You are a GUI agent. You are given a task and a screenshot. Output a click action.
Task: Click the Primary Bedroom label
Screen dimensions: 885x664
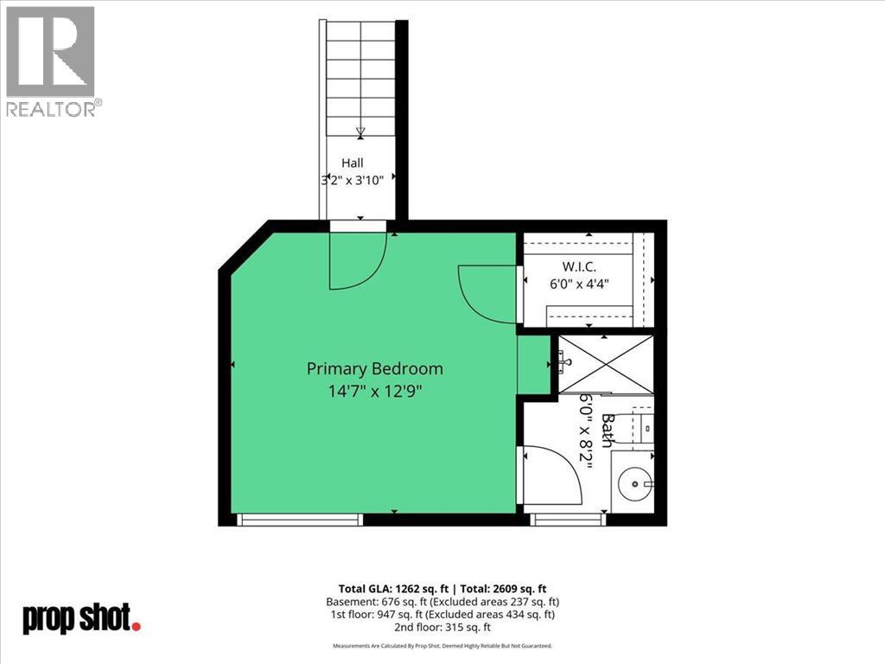[x=375, y=368]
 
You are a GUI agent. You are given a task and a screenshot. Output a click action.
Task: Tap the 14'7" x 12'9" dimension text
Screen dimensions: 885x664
[x=375, y=391]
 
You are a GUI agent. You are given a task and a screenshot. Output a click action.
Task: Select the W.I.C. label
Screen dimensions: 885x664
[x=578, y=266]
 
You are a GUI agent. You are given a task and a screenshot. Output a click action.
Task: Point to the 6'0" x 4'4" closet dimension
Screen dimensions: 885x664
[x=579, y=284]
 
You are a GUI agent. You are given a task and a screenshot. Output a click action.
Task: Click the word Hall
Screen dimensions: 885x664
[x=353, y=163]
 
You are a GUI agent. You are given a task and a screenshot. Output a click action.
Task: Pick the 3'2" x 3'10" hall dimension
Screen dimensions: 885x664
[x=353, y=181]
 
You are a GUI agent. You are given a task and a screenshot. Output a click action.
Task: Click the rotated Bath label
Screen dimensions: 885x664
[x=607, y=431]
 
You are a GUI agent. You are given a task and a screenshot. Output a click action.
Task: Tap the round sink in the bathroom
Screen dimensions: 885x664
[x=635, y=484]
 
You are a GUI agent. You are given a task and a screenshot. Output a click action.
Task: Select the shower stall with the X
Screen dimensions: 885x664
[x=606, y=363]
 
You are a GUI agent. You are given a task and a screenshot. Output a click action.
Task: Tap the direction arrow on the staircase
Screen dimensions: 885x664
[x=360, y=132]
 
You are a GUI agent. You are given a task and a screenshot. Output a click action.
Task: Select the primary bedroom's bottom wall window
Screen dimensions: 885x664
[x=300, y=520]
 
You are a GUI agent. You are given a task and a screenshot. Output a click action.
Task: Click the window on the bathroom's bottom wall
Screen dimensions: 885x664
[x=568, y=520]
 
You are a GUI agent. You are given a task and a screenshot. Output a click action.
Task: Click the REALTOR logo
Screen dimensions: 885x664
[x=51, y=62]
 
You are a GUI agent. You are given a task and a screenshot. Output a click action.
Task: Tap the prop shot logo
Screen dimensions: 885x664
[x=81, y=619]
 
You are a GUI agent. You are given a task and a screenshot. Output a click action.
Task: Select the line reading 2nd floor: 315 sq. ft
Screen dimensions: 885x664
[x=442, y=627]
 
